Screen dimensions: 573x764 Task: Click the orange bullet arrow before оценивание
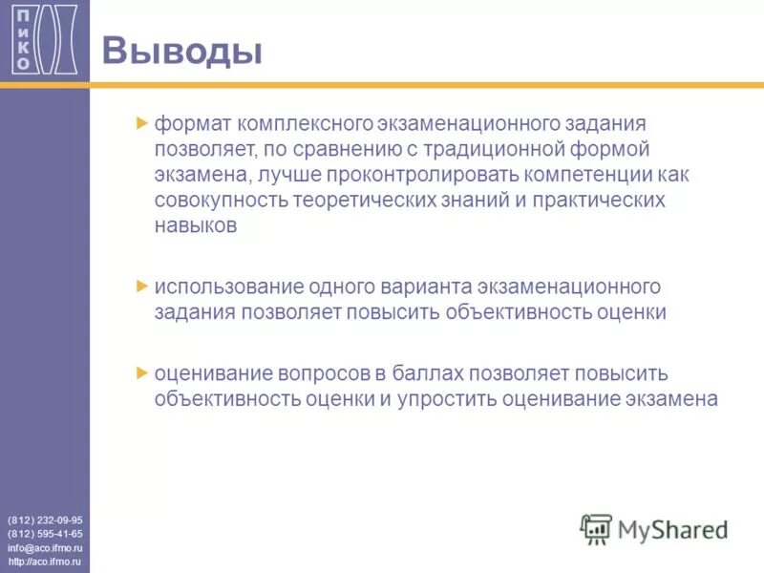[143, 371]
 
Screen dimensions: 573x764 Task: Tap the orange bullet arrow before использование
[143, 286]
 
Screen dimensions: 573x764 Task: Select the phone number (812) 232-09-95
[45, 520]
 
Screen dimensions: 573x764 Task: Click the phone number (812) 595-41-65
[45, 534]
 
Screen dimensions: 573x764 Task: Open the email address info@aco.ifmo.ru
[45, 549]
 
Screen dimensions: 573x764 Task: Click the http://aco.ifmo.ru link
[45, 563]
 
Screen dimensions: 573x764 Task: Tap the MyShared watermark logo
[654, 529]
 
